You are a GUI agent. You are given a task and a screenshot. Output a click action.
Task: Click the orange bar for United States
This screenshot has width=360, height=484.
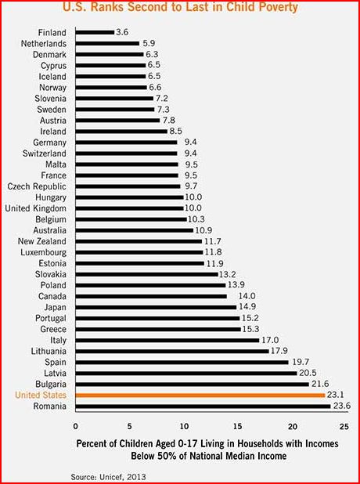click(x=200, y=396)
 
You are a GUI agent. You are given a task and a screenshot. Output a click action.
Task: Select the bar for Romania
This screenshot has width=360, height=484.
click(x=202, y=406)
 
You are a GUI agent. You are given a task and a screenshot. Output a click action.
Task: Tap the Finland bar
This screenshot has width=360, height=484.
click(x=95, y=33)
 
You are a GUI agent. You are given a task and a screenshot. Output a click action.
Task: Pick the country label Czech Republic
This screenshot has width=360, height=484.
click(x=38, y=187)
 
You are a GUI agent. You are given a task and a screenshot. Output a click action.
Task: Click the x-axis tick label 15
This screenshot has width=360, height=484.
click(x=239, y=426)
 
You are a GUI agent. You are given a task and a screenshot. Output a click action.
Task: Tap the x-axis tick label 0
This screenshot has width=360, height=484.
click(x=76, y=426)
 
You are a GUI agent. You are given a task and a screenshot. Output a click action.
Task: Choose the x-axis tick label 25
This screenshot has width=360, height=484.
click(x=347, y=426)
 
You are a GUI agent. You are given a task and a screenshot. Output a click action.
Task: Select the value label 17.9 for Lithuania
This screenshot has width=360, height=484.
click(x=281, y=352)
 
